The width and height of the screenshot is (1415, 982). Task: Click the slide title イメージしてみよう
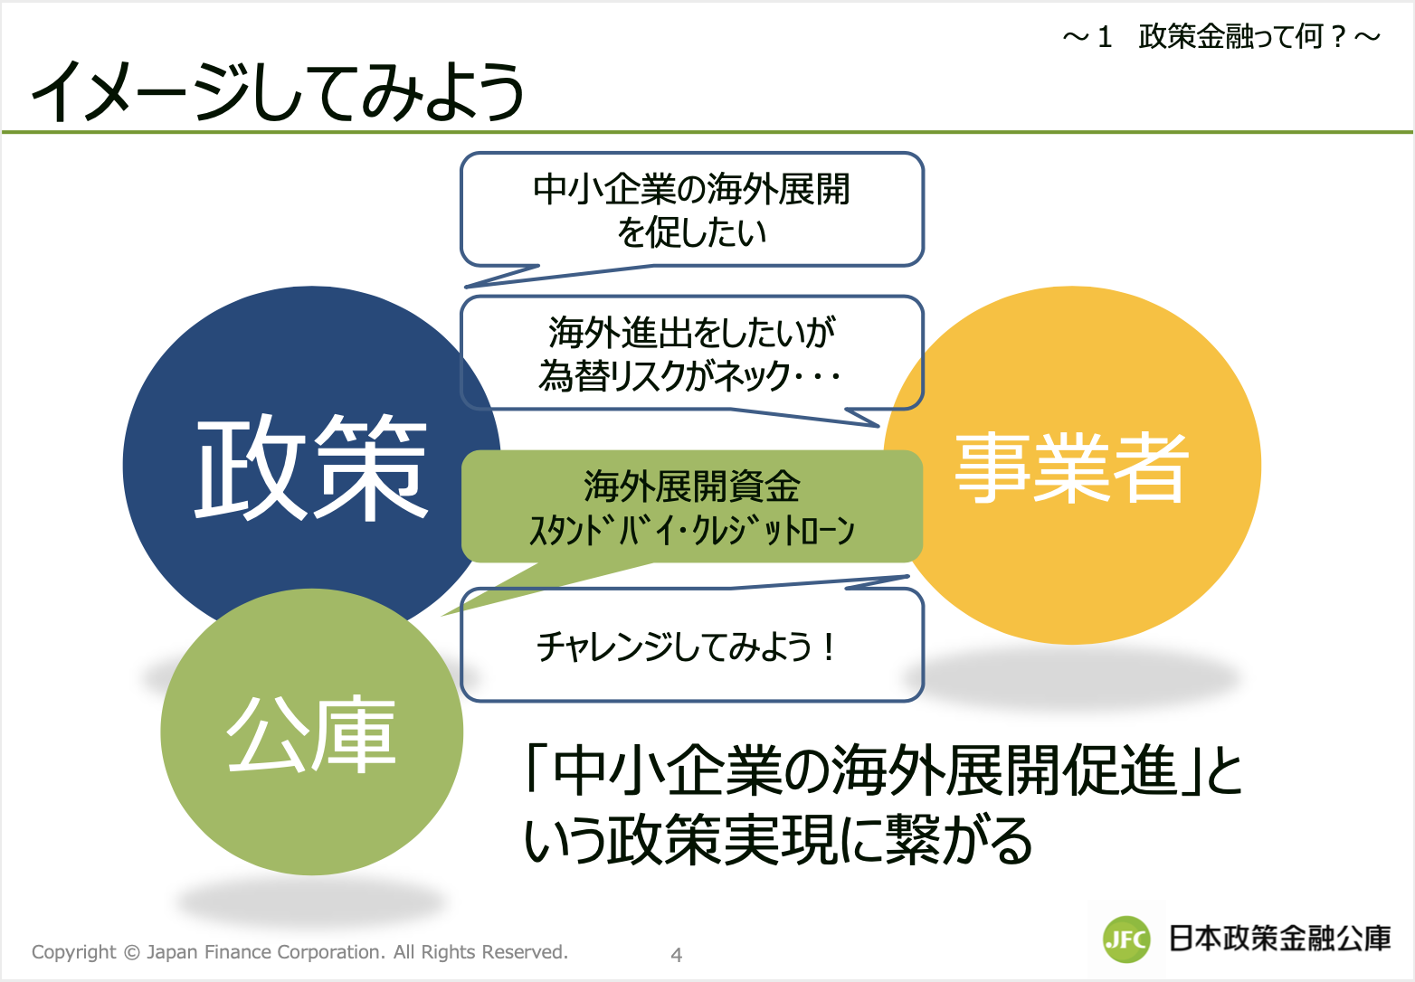coord(278,91)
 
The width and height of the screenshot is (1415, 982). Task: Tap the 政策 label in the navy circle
coord(311,468)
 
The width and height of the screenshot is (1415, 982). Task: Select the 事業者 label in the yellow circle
coord(1072,468)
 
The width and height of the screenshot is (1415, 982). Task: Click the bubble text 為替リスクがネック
coord(663,376)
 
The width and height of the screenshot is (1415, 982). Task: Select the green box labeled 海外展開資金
coord(692,506)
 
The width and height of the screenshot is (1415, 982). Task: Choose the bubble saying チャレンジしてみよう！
coord(692,645)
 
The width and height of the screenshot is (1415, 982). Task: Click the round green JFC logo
coord(1126,940)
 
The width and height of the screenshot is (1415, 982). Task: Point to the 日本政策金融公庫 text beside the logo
coord(1280,939)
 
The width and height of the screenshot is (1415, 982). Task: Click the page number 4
coord(677,955)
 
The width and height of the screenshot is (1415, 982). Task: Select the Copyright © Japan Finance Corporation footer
coord(300,951)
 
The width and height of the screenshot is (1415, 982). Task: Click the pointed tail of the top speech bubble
coord(466,287)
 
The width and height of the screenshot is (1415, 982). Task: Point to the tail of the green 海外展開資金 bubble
coord(442,615)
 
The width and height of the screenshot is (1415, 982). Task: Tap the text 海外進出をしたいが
coord(692,332)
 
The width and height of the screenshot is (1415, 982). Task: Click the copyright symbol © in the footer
coord(131,952)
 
